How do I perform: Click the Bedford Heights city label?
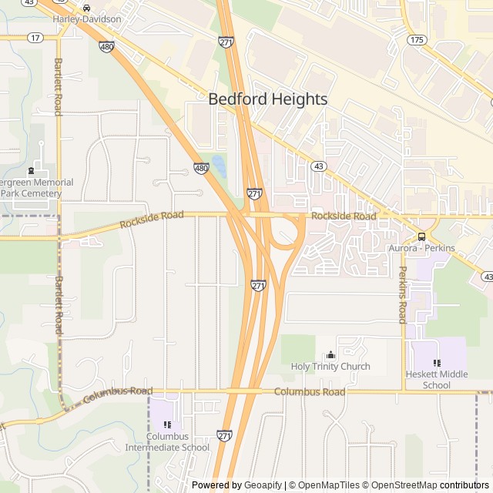[x=268, y=99]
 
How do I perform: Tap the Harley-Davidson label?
[x=87, y=18]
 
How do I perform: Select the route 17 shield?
[x=35, y=37]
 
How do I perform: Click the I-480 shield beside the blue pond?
[x=201, y=168]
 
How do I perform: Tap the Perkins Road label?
[x=402, y=294]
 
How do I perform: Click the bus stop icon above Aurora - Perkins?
[x=421, y=236]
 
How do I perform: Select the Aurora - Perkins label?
[x=421, y=248]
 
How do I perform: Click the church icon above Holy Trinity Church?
[x=330, y=354]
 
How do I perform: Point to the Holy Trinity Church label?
[x=330, y=367]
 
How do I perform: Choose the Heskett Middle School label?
[x=437, y=380]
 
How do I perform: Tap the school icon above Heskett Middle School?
[x=437, y=362]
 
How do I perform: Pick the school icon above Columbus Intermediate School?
[x=167, y=424]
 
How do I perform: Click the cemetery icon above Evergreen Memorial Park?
[x=31, y=170]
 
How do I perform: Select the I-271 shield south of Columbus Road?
[x=224, y=436]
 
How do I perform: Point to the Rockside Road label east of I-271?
[x=344, y=217]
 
